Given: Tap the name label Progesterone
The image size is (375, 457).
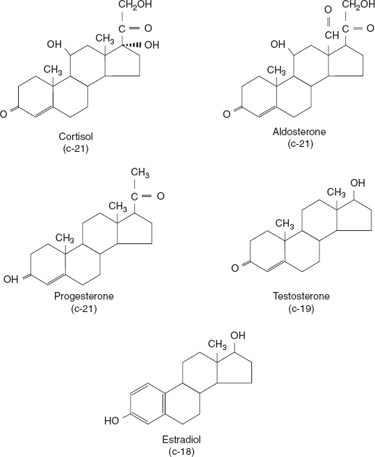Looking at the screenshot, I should tap(83, 297).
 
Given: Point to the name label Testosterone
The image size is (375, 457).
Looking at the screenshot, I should tap(301, 297).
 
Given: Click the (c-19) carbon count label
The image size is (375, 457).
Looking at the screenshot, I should tap(301, 308).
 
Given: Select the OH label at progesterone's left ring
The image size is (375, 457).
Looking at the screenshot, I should tap(10, 280).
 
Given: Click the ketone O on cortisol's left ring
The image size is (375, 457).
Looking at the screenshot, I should tap(5, 113).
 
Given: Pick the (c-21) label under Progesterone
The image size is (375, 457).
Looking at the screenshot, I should tap(83, 308).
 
